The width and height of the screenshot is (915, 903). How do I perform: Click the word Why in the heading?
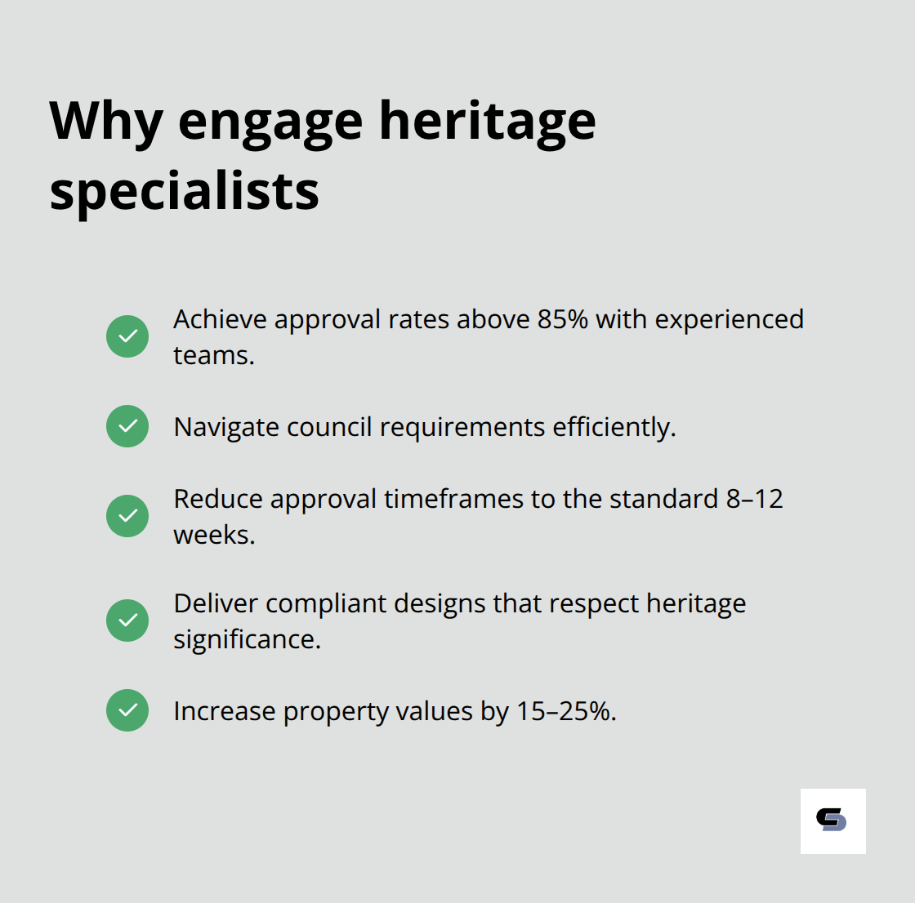[105, 122]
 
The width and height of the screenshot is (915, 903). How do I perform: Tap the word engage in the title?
[270, 122]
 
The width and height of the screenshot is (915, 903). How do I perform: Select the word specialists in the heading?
[184, 193]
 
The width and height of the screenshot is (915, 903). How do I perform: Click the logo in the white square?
[832, 821]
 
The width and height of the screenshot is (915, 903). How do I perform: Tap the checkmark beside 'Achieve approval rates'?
[127, 336]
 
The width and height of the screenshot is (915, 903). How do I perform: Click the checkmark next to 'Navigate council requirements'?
[127, 426]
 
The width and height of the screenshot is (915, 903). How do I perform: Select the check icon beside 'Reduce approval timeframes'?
[127, 516]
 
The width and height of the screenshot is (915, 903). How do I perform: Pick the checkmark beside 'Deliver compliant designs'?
[127, 621]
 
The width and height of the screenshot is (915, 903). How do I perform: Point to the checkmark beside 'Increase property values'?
[127, 710]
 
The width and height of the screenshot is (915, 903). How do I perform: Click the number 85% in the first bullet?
[562, 319]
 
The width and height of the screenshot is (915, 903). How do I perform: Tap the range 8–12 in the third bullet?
[754, 499]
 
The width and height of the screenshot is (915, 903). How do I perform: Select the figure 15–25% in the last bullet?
[564, 711]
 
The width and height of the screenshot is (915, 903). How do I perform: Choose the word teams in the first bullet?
[212, 355]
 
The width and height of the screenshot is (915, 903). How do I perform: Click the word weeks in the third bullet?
[213, 535]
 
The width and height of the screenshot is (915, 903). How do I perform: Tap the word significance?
[246, 639]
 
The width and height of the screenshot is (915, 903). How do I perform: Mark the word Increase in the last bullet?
[224, 711]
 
